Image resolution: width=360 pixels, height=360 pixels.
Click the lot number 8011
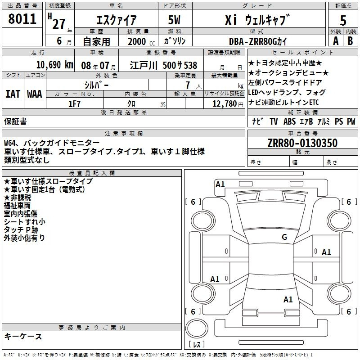pyautogui.click(x=22, y=19)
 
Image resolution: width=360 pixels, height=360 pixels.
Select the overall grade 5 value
pyautogui.click(x=343, y=20)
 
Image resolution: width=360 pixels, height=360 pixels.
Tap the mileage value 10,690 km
pyautogui.click(x=55, y=65)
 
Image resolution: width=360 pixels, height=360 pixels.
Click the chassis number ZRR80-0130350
pyautogui.click(x=302, y=143)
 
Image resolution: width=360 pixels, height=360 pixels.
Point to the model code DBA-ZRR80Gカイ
pyautogui.click(x=258, y=41)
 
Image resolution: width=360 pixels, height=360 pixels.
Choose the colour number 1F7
pyautogui.click(x=74, y=104)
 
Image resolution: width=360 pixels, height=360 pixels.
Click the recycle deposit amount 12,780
pyautogui.click(x=225, y=104)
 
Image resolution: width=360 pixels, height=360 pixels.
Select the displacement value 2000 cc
pyautogui.click(x=141, y=41)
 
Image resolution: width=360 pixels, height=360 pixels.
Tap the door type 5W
pyautogui.click(x=174, y=20)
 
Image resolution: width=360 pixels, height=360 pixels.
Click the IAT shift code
pyautogui.click(x=13, y=94)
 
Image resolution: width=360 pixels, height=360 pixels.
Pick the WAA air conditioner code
pyautogui.click(x=35, y=94)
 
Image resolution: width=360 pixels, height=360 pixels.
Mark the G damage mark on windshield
pyautogui.click(x=284, y=237)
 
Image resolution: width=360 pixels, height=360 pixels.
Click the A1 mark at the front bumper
pyautogui.click(x=220, y=184)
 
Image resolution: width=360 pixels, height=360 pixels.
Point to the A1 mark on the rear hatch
pyautogui.click(x=288, y=299)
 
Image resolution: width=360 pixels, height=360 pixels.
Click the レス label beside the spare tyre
pyautogui.click(x=197, y=344)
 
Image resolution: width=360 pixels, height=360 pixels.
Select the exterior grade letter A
pyautogui.click(x=336, y=41)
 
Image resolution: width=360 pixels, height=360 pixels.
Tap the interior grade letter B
pyautogui.click(x=350, y=41)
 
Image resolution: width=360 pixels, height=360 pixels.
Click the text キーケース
pyautogui.click(x=23, y=336)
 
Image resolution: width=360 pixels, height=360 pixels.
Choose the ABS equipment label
pyautogui.click(x=289, y=121)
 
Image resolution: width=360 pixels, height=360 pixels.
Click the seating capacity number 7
pyautogui.click(x=188, y=85)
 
